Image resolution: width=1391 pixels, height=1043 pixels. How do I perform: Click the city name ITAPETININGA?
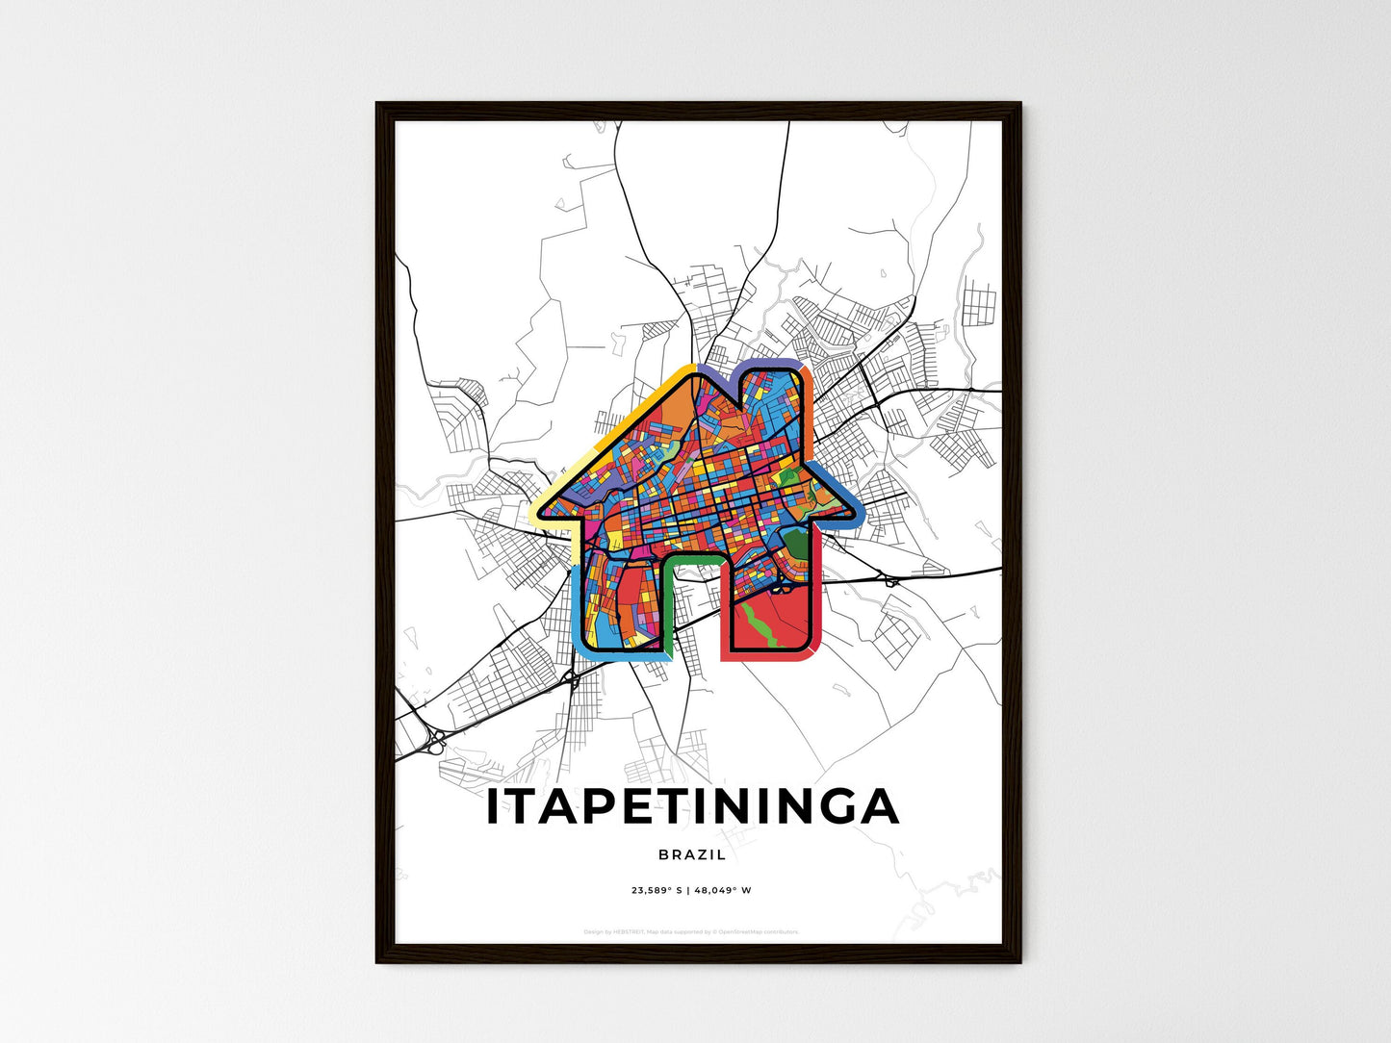[692, 806]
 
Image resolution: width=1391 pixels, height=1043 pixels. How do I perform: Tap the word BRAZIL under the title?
[692, 854]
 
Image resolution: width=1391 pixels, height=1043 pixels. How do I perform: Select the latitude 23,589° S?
[657, 891]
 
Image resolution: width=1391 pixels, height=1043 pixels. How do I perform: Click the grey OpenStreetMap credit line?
[692, 932]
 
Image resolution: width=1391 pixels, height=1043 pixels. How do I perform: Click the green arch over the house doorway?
[692, 559]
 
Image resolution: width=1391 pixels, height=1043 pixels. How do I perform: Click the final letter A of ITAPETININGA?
[880, 806]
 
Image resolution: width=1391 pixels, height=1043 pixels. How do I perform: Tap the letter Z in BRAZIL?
[703, 854]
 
